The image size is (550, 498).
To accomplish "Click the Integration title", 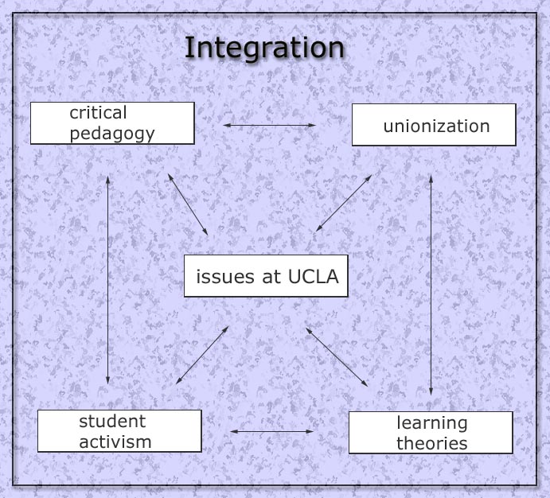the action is [264, 48].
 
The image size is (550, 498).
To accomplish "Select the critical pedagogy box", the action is [112, 123].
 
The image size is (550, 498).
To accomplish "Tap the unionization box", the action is [434, 125].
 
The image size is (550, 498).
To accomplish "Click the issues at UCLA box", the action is [266, 276].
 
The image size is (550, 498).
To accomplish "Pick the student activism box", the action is [119, 431].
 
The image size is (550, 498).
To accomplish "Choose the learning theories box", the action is [431, 433].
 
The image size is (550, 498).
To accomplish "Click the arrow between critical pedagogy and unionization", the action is [269, 125].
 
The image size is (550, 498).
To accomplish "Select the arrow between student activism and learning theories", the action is [272, 431].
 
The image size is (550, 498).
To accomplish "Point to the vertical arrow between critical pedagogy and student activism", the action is [107, 280].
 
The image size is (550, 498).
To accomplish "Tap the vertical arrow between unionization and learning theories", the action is [431, 286].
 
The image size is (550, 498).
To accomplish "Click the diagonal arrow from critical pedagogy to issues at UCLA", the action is [188, 204].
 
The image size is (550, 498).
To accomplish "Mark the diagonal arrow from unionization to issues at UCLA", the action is [344, 204].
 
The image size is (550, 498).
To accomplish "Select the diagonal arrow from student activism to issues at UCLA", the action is [202, 355].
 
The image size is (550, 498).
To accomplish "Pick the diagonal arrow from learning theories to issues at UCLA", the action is [337, 357].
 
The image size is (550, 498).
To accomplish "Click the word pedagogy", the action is [112, 134].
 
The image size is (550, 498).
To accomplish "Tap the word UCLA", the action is [314, 277].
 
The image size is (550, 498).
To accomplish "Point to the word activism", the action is [115, 442].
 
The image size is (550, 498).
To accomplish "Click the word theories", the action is [432, 443].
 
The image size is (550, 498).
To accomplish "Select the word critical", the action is [98, 113].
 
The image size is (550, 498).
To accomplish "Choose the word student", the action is [112, 422].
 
